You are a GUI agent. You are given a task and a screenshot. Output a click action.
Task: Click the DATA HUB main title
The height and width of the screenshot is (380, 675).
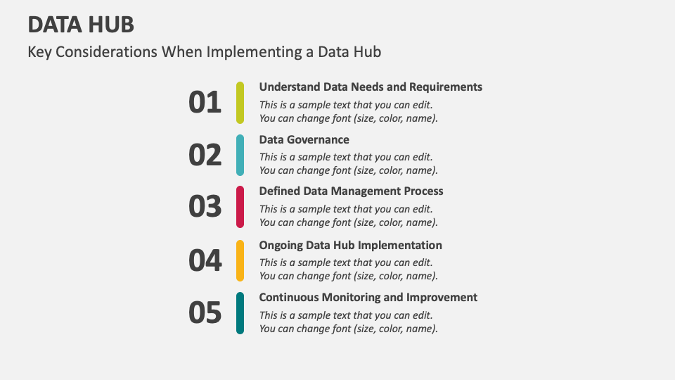point(81,25)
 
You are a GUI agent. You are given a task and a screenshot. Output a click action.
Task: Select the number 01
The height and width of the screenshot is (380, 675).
point(205,103)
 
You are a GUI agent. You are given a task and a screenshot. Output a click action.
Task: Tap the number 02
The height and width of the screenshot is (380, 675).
point(205,155)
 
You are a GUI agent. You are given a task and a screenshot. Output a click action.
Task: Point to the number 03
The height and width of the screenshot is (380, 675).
point(205,207)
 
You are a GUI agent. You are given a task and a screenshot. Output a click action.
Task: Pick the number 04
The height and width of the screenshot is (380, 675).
point(205,261)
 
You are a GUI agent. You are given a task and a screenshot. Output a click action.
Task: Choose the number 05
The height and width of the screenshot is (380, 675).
point(205,313)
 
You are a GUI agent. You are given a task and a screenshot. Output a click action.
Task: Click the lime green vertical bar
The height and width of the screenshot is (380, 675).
point(240,103)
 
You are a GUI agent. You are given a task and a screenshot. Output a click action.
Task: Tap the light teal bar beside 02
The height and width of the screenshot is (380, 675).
point(240,155)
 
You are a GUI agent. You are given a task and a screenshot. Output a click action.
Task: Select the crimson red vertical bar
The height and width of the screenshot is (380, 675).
point(240,207)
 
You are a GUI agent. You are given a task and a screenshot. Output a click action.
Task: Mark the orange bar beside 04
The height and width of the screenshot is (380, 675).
point(240,260)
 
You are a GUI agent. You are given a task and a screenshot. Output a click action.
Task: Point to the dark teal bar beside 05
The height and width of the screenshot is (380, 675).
point(240,312)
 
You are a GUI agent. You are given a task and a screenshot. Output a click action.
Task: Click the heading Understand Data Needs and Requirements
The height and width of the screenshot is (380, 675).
point(371,87)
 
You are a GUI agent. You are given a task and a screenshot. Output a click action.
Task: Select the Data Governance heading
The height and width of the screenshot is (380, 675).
point(304,139)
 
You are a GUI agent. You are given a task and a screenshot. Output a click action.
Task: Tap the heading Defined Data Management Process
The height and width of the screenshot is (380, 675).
point(351,191)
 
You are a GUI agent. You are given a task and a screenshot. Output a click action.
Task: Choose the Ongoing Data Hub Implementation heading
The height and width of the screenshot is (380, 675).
point(350,245)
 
